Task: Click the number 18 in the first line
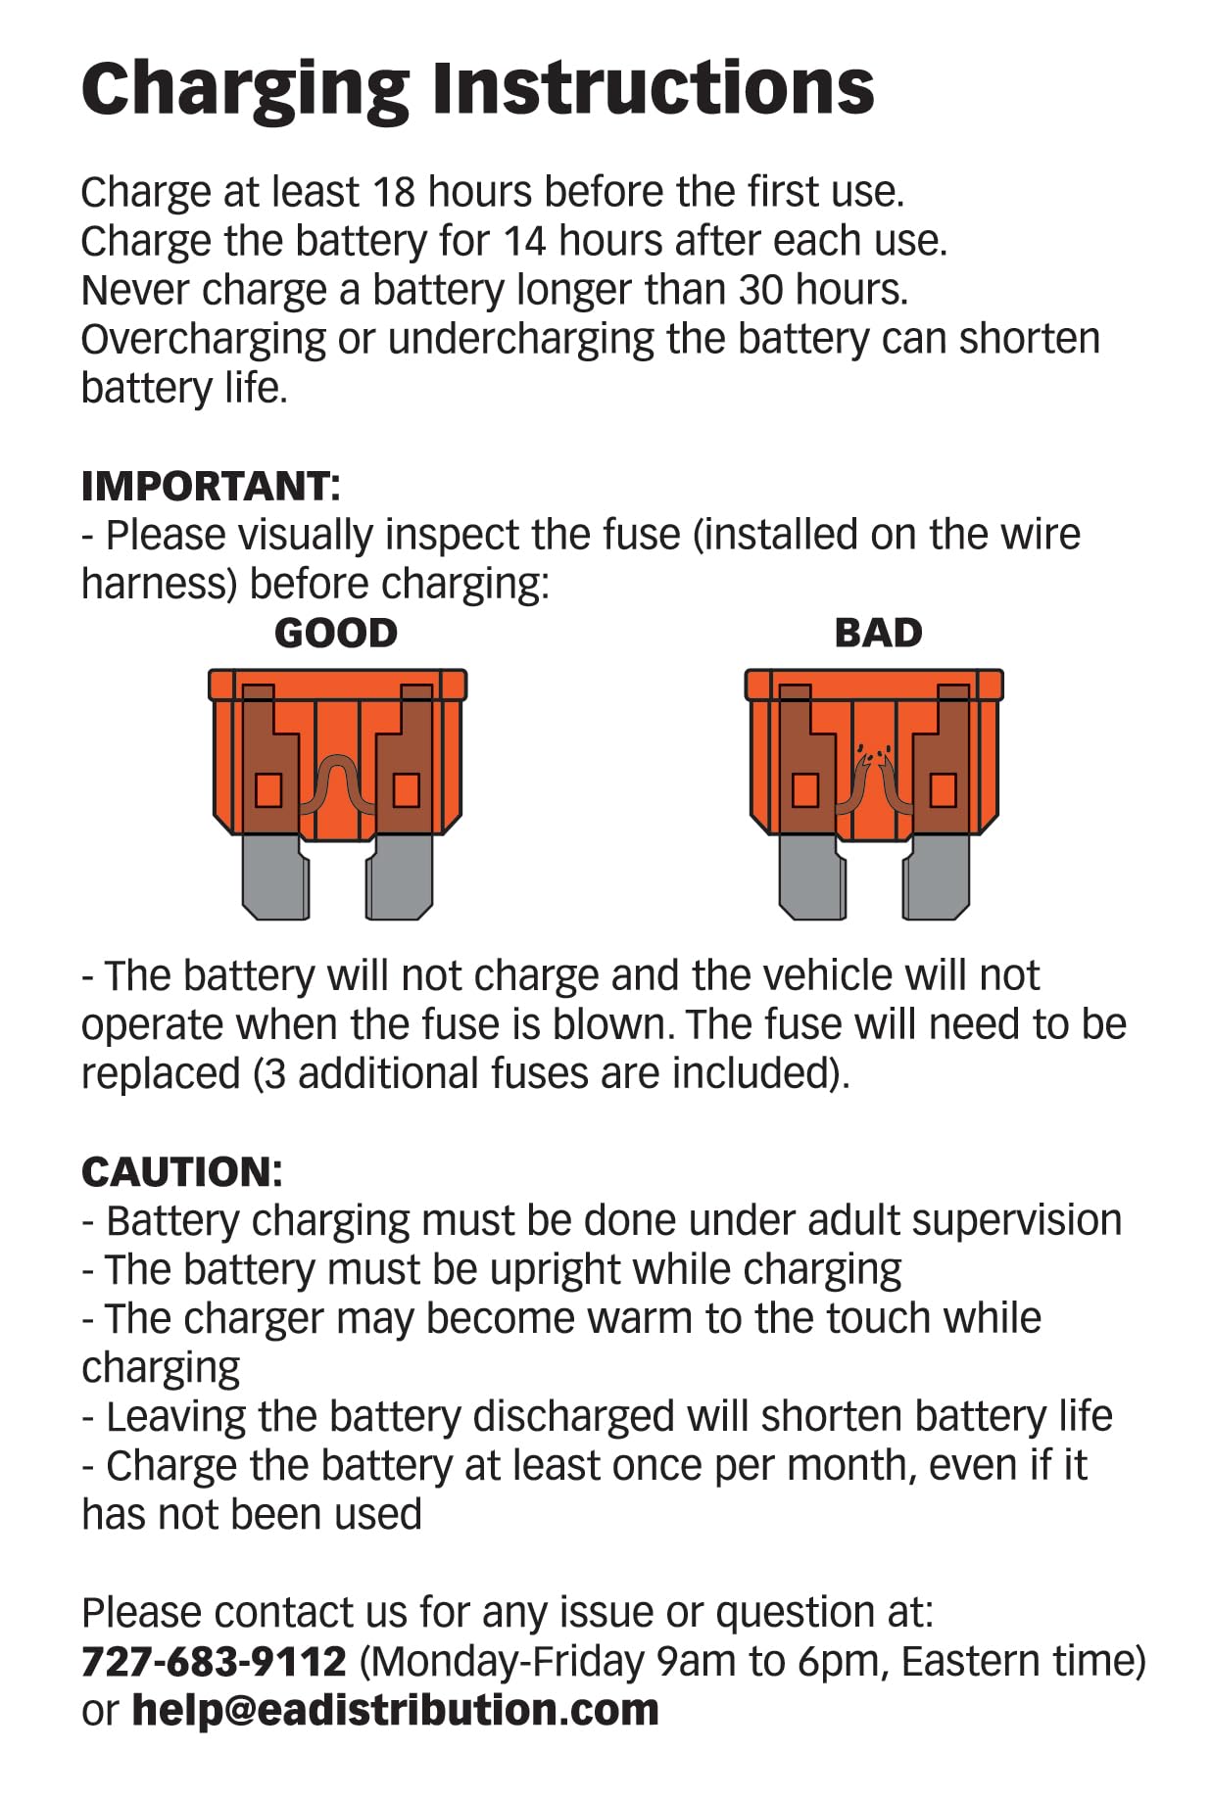click(395, 192)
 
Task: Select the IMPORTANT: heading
click(211, 486)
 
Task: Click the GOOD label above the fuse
click(336, 633)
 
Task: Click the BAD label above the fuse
click(878, 633)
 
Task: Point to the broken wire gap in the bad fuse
click(874, 758)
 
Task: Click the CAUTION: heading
click(182, 1171)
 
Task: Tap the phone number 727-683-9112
click(214, 1661)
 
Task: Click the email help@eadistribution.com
click(395, 1710)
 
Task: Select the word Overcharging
click(203, 340)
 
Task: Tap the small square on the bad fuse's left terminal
click(805, 789)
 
